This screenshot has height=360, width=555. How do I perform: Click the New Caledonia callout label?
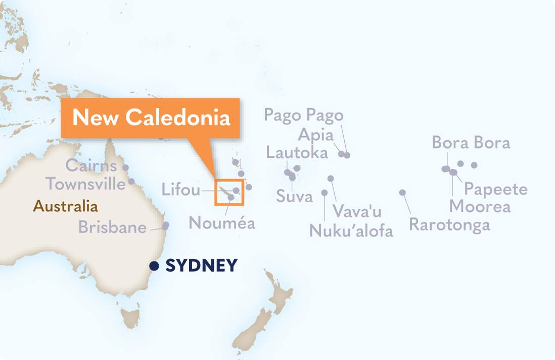(151, 117)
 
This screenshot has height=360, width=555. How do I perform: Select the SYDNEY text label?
(201, 265)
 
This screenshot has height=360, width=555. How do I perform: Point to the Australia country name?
(65, 206)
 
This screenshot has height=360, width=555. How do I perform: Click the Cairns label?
(91, 165)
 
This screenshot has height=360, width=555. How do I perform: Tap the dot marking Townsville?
(131, 181)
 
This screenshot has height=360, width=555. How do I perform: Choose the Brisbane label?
(112, 228)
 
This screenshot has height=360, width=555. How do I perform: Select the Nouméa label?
(222, 223)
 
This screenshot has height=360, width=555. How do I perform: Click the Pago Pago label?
(303, 115)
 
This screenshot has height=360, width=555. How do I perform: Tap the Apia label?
(315, 135)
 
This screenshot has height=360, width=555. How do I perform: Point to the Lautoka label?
(297, 152)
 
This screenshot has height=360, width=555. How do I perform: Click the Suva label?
(294, 196)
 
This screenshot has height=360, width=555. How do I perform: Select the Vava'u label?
(357, 211)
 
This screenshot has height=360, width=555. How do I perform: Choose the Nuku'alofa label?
(351, 231)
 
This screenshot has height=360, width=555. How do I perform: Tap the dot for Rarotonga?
(402, 193)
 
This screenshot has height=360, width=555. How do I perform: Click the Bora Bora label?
(471, 143)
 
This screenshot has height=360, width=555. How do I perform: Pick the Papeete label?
(495, 189)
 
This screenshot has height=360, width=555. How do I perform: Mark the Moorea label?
(480, 206)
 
